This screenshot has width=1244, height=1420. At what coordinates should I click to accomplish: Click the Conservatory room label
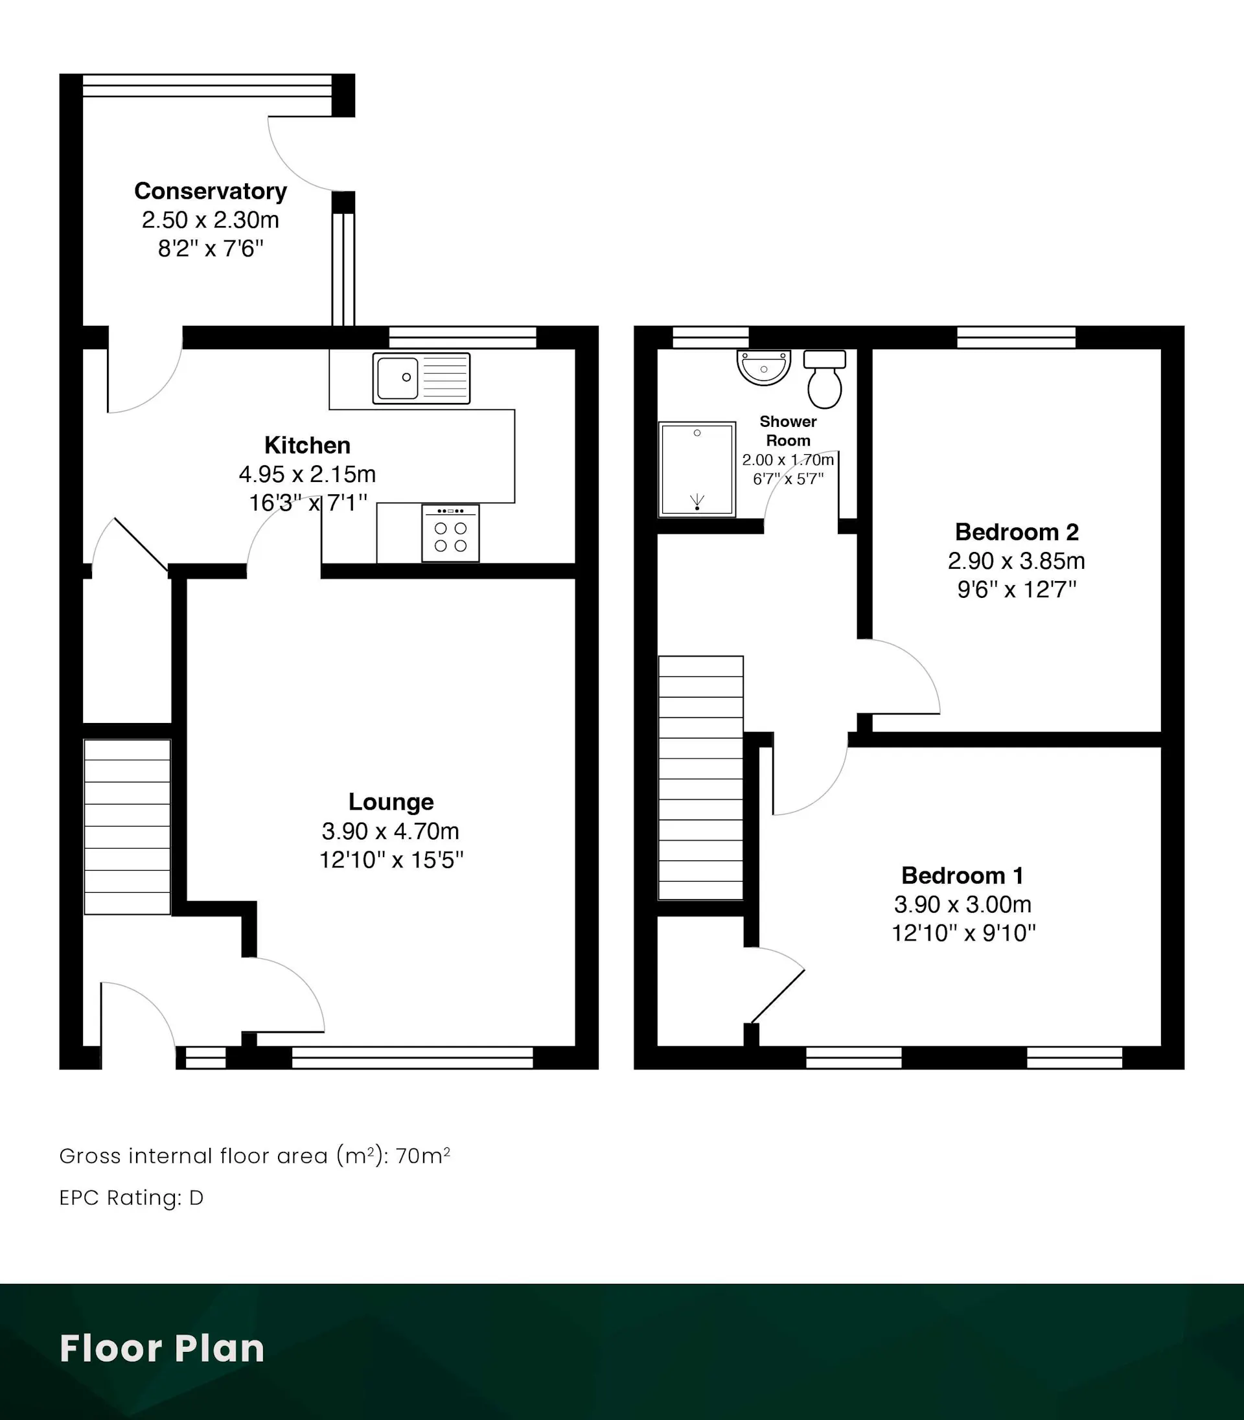(x=211, y=191)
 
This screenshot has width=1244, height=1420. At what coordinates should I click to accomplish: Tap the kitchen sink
(x=421, y=378)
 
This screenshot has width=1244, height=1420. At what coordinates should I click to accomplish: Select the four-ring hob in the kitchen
(x=450, y=533)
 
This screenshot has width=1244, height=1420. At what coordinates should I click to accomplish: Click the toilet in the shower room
(x=825, y=379)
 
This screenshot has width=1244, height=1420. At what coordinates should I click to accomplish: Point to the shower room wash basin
(x=764, y=367)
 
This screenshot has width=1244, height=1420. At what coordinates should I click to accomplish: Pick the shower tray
(x=697, y=470)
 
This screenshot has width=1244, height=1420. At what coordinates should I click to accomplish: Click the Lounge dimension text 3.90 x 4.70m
(x=391, y=830)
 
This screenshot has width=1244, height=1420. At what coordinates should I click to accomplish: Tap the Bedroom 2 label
(x=1017, y=532)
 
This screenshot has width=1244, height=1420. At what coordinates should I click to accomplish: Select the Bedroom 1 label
(x=963, y=875)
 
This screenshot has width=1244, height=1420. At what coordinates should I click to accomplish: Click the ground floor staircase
(x=127, y=827)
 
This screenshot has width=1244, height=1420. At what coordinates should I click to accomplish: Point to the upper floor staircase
(x=700, y=778)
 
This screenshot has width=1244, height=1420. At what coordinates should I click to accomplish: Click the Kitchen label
(x=308, y=445)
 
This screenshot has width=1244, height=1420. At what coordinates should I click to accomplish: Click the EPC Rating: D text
(x=131, y=1198)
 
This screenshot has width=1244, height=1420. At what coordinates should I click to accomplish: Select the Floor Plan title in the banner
(x=162, y=1349)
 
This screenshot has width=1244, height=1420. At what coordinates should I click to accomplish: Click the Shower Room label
(x=788, y=430)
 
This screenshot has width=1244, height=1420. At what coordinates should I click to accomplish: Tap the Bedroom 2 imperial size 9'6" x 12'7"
(x=1017, y=590)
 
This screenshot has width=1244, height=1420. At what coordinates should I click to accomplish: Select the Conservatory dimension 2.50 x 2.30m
(x=211, y=220)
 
